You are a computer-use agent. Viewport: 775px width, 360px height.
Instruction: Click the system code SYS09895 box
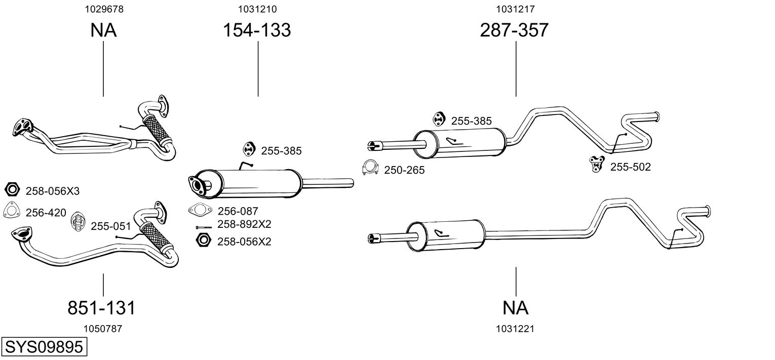pyautogui.click(x=44, y=347)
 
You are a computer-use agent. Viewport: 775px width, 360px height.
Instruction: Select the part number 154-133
pyautogui.click(x=257, y=30)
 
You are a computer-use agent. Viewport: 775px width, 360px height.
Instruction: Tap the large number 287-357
pyautogui.click(x=514, y=30)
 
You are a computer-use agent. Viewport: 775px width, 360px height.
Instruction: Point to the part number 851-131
pyautogui.click(x=101, y=307)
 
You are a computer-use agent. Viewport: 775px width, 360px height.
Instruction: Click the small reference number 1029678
pyautogui.click(x=103, y=9)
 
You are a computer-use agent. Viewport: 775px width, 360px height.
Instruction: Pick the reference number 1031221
pyautogui.click(x=516, y=329)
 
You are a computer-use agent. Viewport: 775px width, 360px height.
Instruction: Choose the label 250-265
pyautogui.click(x=404, y=170)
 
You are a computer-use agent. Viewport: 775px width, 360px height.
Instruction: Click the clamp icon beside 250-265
pyautogui.click(x=371, y=168)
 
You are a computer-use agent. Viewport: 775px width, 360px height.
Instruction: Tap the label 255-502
pyautogui.click(x=630, y=167)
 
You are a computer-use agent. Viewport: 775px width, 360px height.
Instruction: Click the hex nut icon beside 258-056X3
pyautogui.click(x=11, y=190)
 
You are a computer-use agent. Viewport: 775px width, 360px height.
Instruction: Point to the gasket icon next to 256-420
pyautogui.click(x=11, y=210)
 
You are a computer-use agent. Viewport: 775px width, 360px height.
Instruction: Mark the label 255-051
pyautogui.click(x=111, y=226)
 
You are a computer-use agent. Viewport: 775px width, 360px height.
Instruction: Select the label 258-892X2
pyautogui.click(x=244, y=224)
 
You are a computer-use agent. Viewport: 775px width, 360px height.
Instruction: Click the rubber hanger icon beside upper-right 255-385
pyautogui.click(x=438, y=119)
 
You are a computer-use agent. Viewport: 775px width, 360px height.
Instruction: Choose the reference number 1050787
pyautogui.click(x=102, y=329)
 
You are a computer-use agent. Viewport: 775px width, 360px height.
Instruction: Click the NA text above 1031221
pyautogui.click(x=516, y=307)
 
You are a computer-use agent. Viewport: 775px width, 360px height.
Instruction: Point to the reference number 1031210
pyautogui.click(x=257, y=9)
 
